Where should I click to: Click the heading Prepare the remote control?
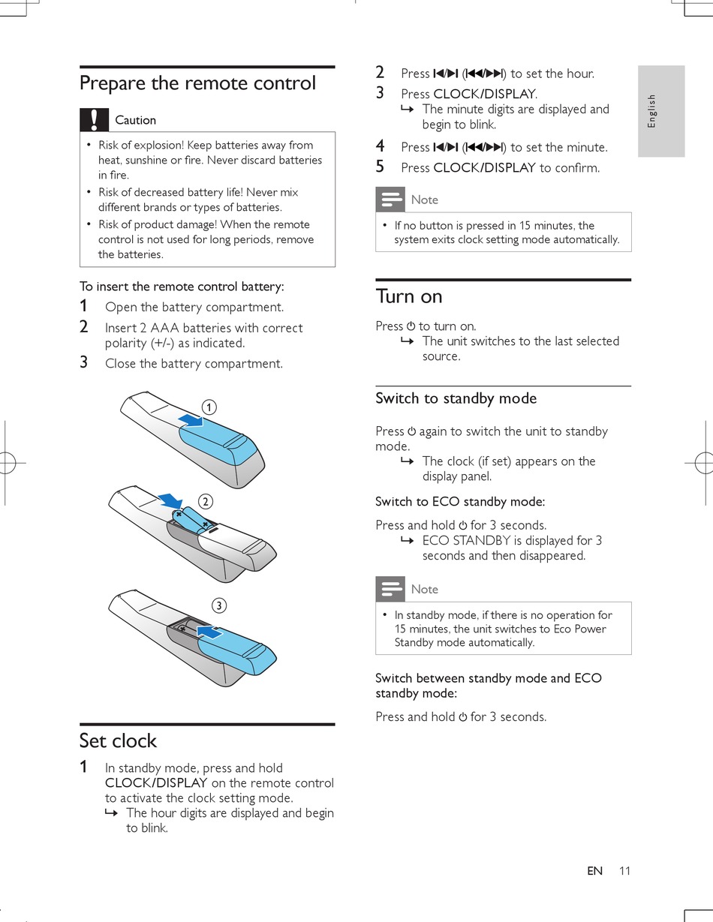pyautogui.click(x=197, y=83)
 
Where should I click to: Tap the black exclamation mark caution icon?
pyautogui.click(x=94, y=120)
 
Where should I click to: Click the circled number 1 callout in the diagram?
pyautogui.click(x=209, y=407)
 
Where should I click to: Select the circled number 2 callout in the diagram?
pyautogui.click(x=204, y=501)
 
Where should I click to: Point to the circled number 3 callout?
pyautogui.click(x=218, y=605)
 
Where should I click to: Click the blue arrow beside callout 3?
pyautogui.click(x=209, y=632)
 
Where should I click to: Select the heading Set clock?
pyautogui.click(x=118, y=740)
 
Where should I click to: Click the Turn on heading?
pyautogui.click(x=409, y=296)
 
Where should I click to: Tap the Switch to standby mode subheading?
pyautogui.click(x=456, y=398)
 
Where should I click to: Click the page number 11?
pyautogui.click(x=625, y=871)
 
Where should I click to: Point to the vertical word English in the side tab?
pyautogui.click(x=651, y=110)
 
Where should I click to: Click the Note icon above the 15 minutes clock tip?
pyautogui.click(x=390, y=200)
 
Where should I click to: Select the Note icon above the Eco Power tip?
pyautogui.click(x=390, y=589)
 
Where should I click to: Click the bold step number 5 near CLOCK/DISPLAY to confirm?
pyautogui.click(x=380, y=167)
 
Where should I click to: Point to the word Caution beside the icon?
pyautogui.click(x=135, y=120)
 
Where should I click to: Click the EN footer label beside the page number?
pyautogui.click(x=594, y=871)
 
